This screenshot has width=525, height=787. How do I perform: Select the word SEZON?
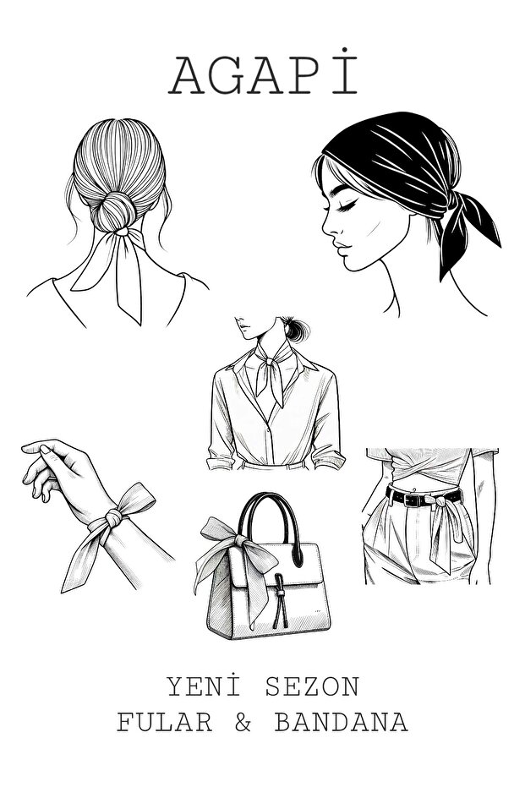pos(311,686)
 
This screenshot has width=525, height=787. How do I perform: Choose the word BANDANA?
pos(340,723)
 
